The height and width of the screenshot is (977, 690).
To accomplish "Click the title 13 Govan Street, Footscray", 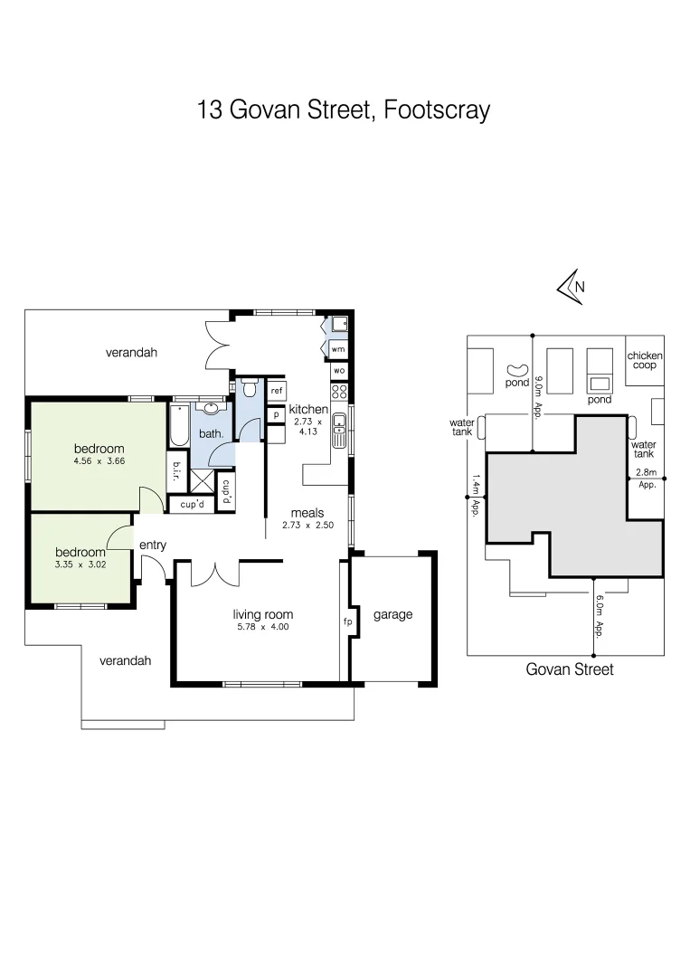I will coord(344,110).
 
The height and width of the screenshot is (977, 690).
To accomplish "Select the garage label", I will coord(393,615).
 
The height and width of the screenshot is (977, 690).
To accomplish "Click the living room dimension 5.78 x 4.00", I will coord(263,627).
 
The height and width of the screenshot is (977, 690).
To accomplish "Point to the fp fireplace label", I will coord(345,622).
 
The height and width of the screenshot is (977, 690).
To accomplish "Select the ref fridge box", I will coord(277,391).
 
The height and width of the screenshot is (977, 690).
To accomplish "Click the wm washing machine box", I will coord(338,348).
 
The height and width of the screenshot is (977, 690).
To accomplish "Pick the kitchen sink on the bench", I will coord(339,432).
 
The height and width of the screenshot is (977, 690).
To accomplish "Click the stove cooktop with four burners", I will coord(339,392).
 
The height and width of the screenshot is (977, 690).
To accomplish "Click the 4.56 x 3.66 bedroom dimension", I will coord(99,462).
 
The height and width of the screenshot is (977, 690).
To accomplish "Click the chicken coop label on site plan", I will coord(645,360).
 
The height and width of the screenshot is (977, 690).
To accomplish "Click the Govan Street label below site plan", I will coord(570,669).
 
